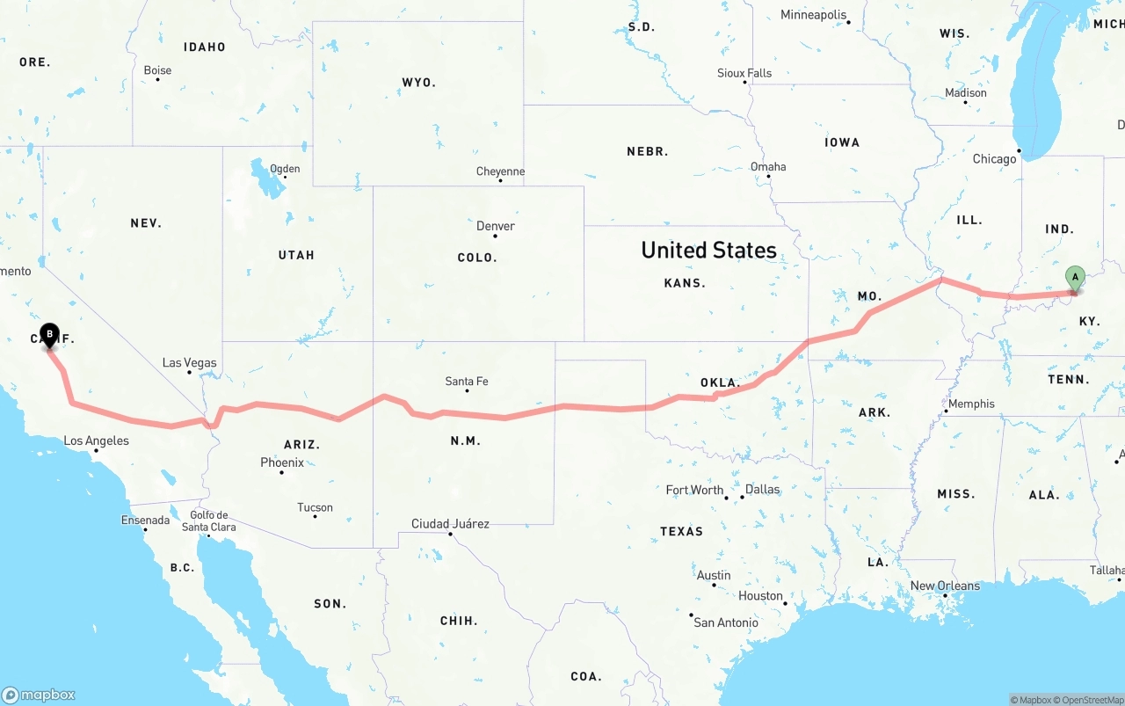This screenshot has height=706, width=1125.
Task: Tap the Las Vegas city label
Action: [x=189, y=362]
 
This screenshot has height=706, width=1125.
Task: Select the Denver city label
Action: [x=496, y=226]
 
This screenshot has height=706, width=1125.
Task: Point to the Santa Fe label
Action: [x=467, y=382]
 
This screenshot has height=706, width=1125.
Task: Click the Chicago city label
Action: [x=994, y=159]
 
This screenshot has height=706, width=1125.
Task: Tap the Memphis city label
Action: [x=971, y=404]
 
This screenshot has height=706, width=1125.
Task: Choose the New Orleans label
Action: [x=945, y=586]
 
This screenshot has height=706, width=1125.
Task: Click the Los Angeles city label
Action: [x=96, y=440]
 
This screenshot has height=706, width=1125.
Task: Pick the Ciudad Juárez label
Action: [x=450, y=523]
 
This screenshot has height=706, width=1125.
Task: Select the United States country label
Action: [x=708, y=251]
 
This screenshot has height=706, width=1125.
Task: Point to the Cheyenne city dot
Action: [x=500, y=180]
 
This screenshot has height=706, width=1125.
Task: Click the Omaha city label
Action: [x=768, y=166]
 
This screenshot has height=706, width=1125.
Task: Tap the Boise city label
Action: [x=157, y=70]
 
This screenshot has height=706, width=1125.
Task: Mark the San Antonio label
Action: [x=726, y=622]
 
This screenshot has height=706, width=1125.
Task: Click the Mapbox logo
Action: [x=39, y=695]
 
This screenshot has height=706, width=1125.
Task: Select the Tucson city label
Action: [x=315, y=507]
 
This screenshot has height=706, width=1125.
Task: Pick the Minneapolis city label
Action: [x=814, y=15]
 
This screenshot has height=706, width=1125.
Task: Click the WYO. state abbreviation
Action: [x=418, y=83]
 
